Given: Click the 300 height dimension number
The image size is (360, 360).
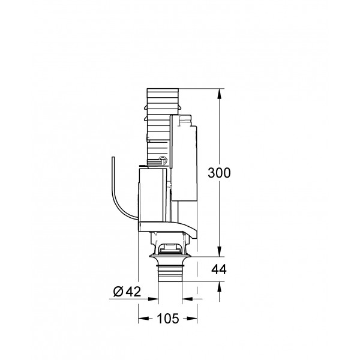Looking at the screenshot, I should tap(219, 173).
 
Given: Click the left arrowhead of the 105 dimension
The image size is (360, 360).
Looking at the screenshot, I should tap(142, 319).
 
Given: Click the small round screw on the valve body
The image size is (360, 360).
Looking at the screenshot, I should tap(162, 160).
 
